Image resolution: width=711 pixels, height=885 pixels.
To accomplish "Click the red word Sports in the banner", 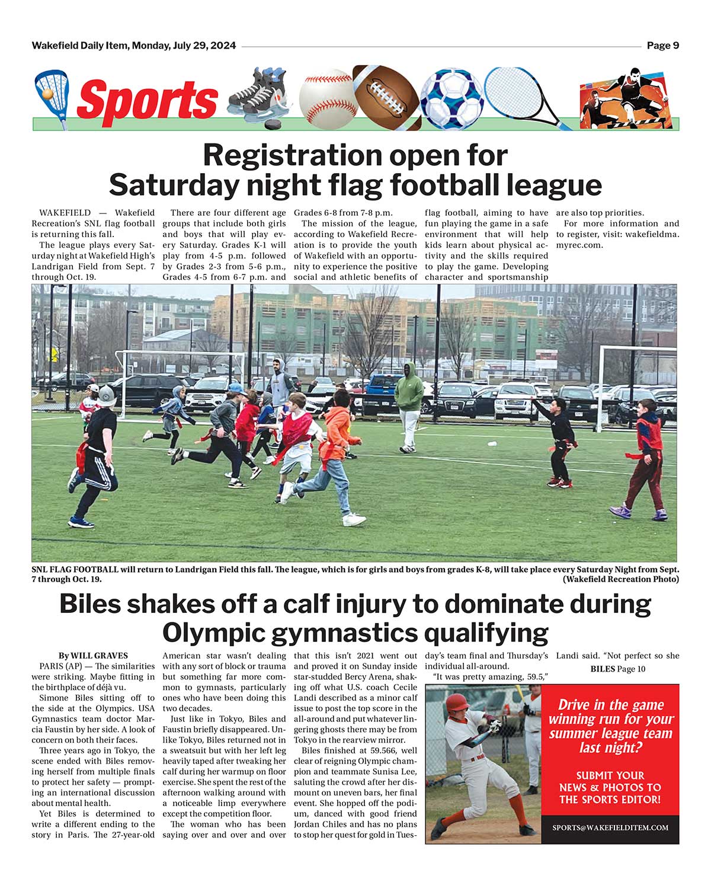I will tap(147, 100).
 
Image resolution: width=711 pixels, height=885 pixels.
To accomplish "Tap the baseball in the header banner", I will tap(326, 97).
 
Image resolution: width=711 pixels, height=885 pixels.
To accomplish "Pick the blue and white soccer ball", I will tap(451, 98).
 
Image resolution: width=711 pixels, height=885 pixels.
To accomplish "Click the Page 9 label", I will tap(662, 46).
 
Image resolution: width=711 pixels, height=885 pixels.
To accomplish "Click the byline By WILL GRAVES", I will tap(93, 656).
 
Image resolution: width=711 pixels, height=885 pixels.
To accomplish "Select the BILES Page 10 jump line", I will tap(617, 669).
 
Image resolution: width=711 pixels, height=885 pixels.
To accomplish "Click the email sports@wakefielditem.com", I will tap(610, 828).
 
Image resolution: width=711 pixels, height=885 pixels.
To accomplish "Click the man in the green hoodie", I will tap(409, 403).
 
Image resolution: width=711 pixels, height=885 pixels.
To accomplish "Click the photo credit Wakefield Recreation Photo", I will tap(620, 579).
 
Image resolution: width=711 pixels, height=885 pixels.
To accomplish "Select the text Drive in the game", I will tap(610, 705).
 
